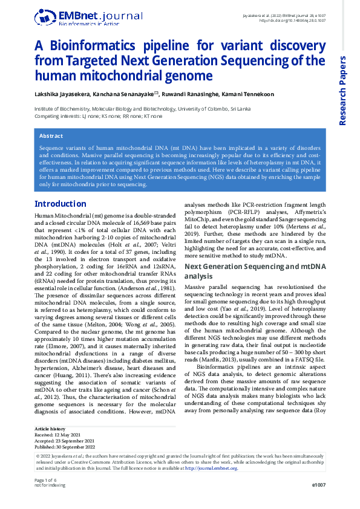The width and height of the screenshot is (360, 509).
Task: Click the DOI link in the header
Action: tap(292, 21)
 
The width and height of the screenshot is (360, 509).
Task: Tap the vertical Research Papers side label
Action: tap(343, 91)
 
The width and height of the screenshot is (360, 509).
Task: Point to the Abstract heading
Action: tap(51, 136)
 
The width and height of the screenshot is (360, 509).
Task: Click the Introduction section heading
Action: tap(61, 203)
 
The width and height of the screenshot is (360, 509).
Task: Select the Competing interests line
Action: tap(98, 115)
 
